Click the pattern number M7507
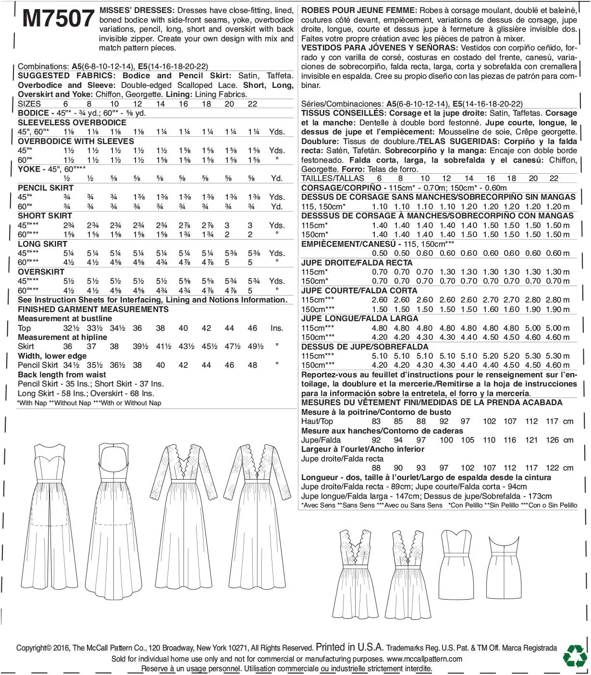pyautogui.click(x=58, y=18)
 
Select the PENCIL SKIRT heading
pyautogui.click(x=46, y=188)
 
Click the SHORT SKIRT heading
pyautogui.click(x=45, y=216)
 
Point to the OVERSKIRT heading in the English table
pyautogui.click(x=41, y=272)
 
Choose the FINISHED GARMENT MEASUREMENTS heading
pyautogui.click(x=93, y=309)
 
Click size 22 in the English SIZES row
pyautogui.click(x=252, y=104)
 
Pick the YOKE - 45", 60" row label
pyautogui.click(x=52, y=169)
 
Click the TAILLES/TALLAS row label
pyautogui.click(x=332, y=178)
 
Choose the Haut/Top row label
pyautogui.click(x=317, y=422)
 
